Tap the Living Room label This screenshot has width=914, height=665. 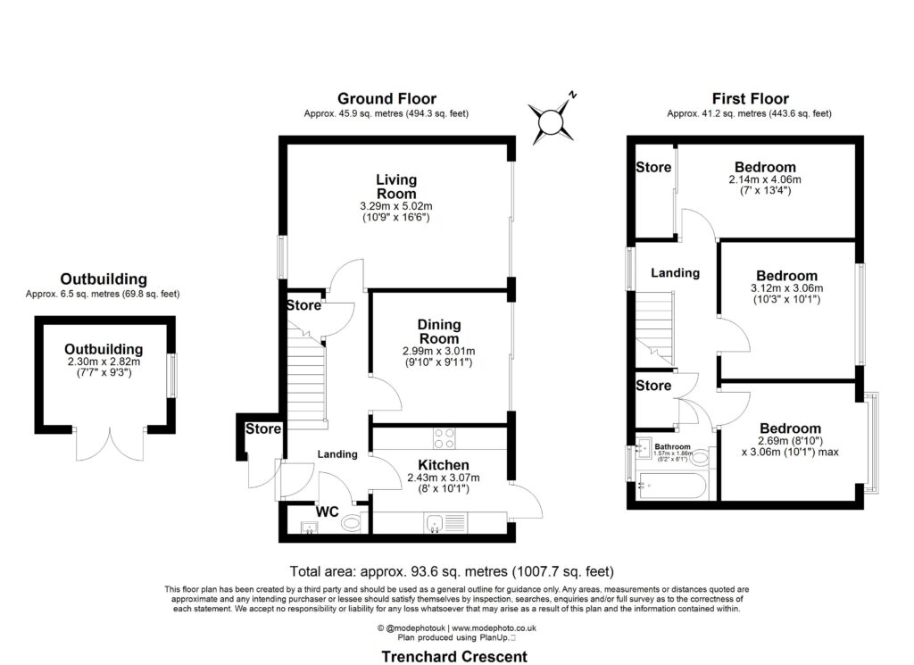click(395, 187)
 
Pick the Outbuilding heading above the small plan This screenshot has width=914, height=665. click(104, 279)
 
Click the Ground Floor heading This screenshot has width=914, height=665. click(386, 98)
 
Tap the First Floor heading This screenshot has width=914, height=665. click(750, 98)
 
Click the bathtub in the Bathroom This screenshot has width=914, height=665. click(673, 488)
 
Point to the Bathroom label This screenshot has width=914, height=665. click(672, 446)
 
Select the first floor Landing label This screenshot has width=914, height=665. click(675, 272)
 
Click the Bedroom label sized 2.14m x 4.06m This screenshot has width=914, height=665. click(765, 167)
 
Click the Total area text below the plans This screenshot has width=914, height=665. click(453, 571)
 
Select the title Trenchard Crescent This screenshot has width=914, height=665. click(454, 656)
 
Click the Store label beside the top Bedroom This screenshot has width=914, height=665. click(653, 167)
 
